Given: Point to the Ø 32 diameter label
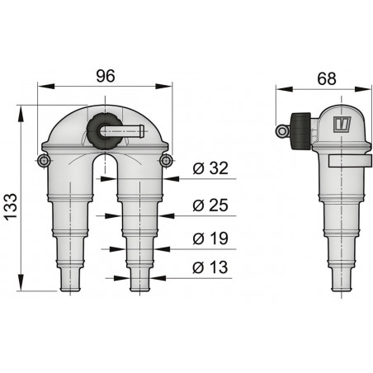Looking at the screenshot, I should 213,168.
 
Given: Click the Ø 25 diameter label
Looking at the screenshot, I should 213,204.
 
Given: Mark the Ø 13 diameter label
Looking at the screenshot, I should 213,267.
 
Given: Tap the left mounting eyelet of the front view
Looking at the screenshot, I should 40,159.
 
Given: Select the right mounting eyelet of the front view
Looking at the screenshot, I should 166,159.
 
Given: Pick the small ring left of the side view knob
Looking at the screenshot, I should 281,127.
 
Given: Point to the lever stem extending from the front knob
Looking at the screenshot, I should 129,130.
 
